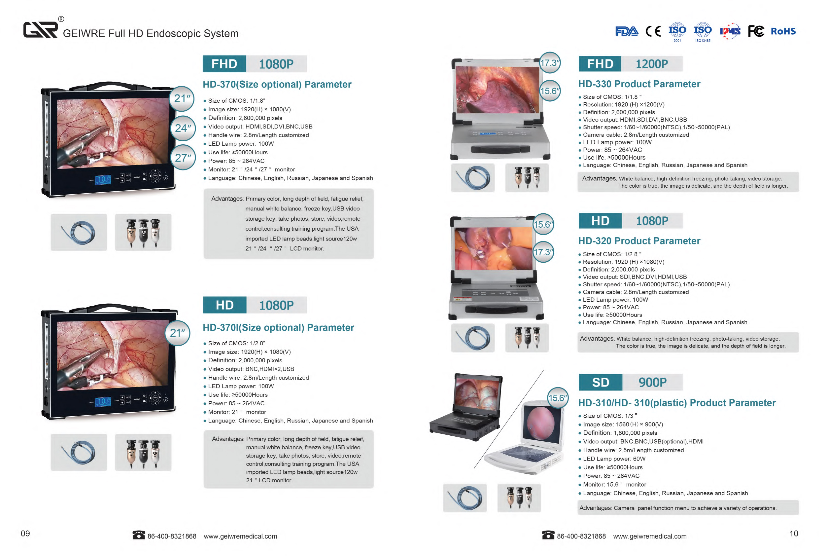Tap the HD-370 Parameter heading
tap(277, 84)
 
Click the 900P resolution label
tap(652, 382)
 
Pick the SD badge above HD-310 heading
tap(600, 382)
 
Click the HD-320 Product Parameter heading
tap(639, 241)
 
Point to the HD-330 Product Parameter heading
tap(639, 84)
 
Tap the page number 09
tap(25, 533)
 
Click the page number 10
tap(794, 533)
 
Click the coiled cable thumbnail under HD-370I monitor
tap(79, 452)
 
